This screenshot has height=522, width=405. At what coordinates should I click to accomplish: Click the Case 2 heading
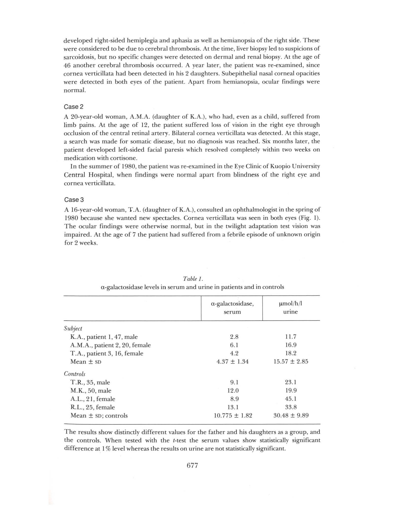coord(73,107)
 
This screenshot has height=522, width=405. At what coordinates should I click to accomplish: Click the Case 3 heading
coord(74,200)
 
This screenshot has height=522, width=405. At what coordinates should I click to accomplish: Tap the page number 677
coord(192,465)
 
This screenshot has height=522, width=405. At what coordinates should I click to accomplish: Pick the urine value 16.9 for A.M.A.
coord(291,345)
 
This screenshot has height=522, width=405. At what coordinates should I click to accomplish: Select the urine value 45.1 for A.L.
coord(291,399)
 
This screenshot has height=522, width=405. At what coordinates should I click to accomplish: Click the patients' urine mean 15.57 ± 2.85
coord(291,361)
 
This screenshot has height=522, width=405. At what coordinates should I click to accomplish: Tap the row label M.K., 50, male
coord(91,391)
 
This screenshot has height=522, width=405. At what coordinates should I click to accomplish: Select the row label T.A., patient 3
coord(107,353)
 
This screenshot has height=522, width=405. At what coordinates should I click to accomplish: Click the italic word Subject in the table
coord(73,328)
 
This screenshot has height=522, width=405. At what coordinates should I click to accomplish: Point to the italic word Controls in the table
coord(74,374)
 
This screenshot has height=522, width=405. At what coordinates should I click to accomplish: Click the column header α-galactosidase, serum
coord(232,308)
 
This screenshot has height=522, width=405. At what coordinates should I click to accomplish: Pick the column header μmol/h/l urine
coord(290,308)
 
